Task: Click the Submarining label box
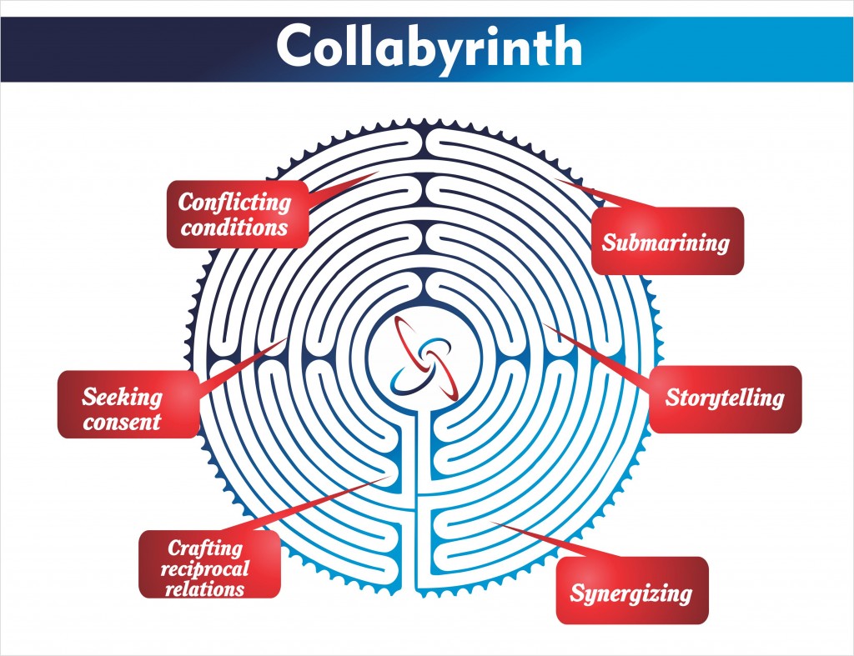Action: [666, 241]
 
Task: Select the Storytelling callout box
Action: [725, 398]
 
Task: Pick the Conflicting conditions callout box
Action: [235, 213]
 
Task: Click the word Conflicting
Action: [235, 202]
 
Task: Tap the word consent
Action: [122, 421]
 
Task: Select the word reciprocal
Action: [208, 568]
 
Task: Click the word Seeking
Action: [122, 396]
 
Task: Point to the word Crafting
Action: [205, 548]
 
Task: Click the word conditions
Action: [234, 227]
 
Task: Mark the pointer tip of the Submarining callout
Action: [556, 178]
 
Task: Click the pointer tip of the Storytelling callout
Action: [544, 323]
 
